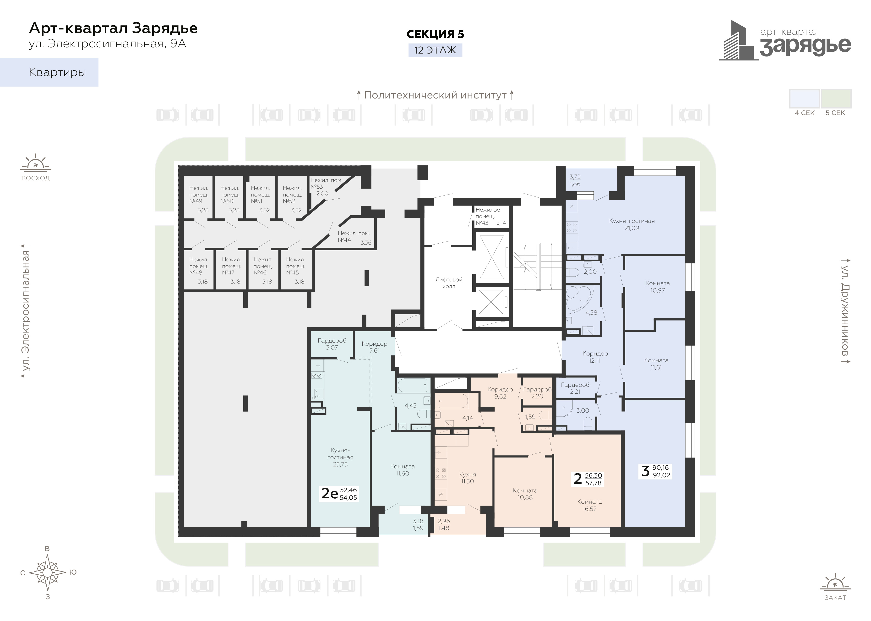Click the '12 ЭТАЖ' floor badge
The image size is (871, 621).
click(435, 50)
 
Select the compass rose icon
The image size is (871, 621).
click(47, 572)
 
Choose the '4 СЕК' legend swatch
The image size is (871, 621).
click(805, 99)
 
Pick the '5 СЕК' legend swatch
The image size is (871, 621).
click(836, 99)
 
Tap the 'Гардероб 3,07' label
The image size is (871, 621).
click(332, 344)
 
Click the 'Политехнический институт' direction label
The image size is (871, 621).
click(435, 95)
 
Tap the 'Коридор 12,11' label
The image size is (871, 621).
click(595, 357)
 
